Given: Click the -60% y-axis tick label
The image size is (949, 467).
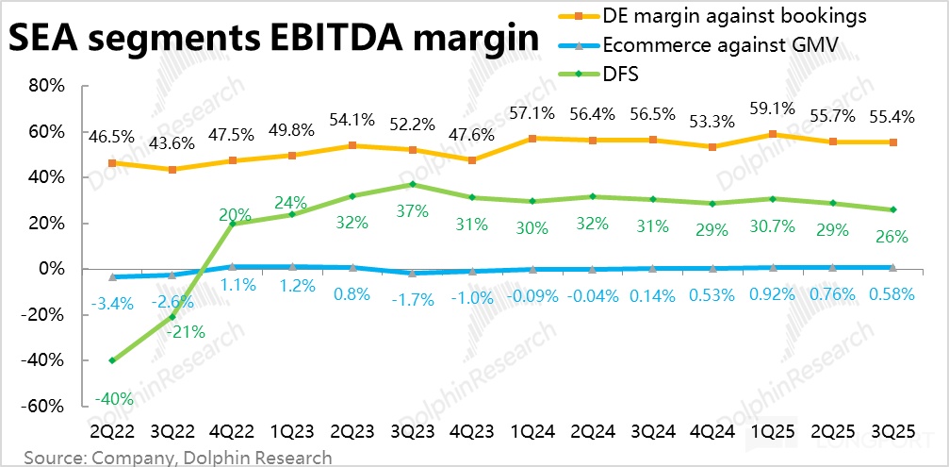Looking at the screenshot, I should pyautogui.click(x=42, y=407).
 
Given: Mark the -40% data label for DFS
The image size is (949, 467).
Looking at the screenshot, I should pyautogui.click(x=113, y=398).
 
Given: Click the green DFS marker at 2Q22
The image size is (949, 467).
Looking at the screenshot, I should pyautogui.click(x=113, y=360).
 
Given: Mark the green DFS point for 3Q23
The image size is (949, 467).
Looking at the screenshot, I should pyautogui.click(x=413, y=184).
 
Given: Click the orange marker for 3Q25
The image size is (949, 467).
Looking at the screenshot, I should pyautogui.click(x=892, y=142).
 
